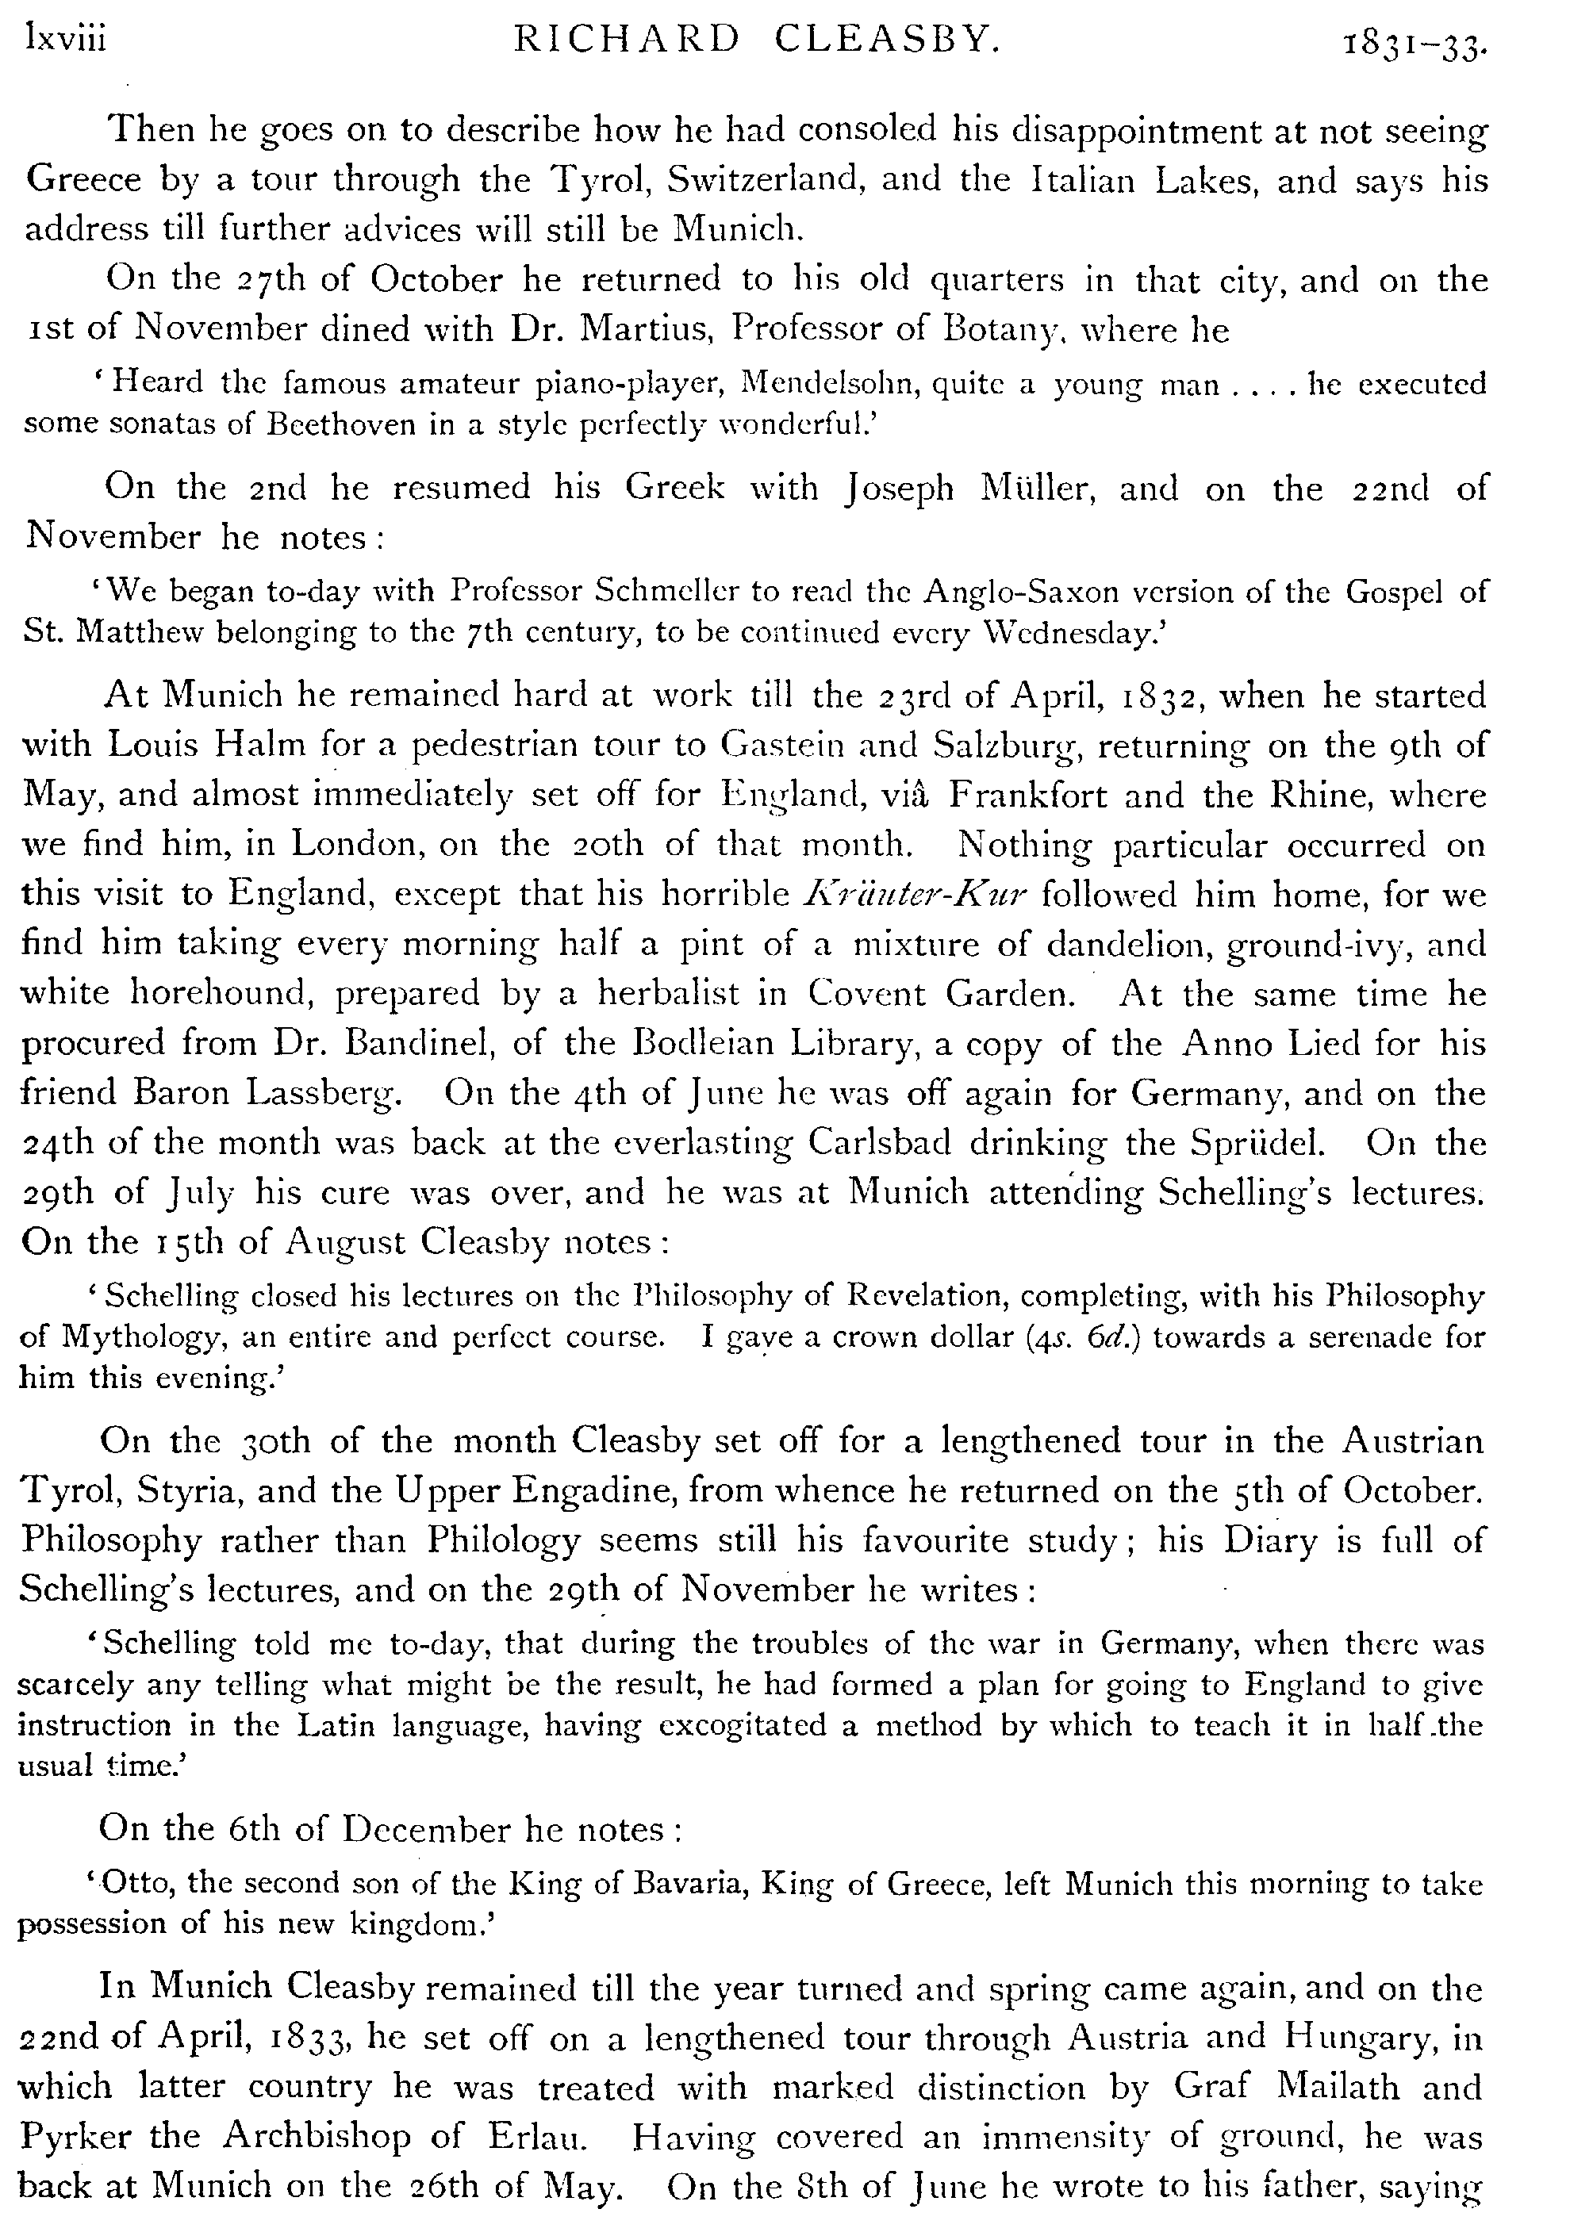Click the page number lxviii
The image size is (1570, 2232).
pyautogui.click(x=66, y=40)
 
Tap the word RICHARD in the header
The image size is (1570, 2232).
pyautogui.click(x=627, y=40)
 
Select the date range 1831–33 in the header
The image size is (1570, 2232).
pyautogui.click(x=1415, y=44)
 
